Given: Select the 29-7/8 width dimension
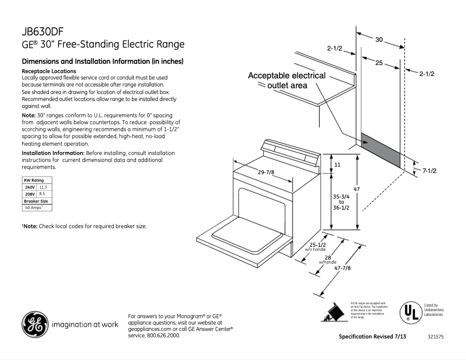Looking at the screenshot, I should [266, 172].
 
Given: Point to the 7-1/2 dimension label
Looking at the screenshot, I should [429, 171].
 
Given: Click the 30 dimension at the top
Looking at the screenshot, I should [378, 40].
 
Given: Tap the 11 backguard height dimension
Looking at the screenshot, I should [337, 165].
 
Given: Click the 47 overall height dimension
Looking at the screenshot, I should [357, 190].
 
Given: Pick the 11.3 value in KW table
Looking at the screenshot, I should [43, 187].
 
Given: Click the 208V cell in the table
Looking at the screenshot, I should [30, 193].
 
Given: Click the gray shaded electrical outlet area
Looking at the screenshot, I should [381, 149].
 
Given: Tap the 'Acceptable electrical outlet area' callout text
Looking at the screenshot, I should [286, 81].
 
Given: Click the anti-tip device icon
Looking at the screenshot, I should [334, 312].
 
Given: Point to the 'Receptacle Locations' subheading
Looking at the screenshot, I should [48, 71].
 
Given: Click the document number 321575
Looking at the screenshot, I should [436, 337].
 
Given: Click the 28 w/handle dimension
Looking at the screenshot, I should [328, 257].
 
